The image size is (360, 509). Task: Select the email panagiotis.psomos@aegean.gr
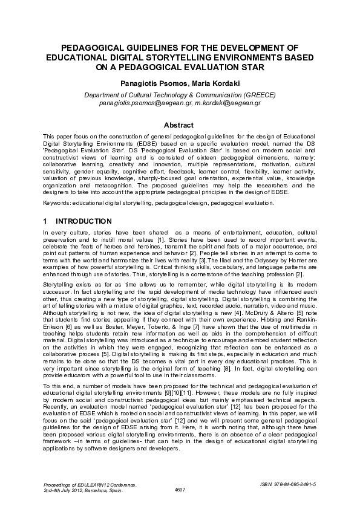click(145, 103)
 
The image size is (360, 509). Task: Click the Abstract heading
click(180, 125)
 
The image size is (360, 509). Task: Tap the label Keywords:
click(56, 204)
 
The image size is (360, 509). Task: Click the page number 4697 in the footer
click(180, 490)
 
